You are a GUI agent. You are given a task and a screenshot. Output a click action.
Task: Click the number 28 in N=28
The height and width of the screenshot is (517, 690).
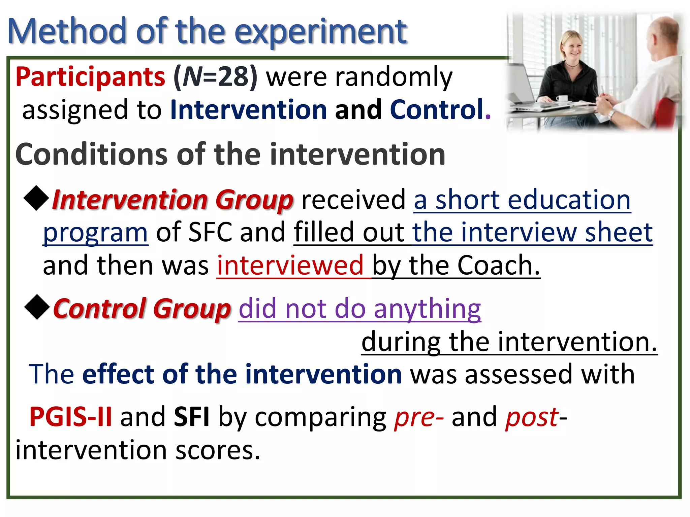[233, 77]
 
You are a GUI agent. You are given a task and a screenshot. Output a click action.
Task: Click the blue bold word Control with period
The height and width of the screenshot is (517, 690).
[440, 110]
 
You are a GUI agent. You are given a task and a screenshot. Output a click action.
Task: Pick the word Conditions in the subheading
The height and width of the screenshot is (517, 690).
[91, 154]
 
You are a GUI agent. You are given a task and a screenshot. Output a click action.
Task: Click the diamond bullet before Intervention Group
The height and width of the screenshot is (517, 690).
[36, 199]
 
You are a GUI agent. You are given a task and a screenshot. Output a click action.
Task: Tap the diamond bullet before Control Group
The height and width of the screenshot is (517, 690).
[37, 307]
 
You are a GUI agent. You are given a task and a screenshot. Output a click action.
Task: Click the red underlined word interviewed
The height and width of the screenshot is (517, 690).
[290, 266]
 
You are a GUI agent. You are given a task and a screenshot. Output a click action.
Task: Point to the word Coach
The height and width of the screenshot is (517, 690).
[494, 266]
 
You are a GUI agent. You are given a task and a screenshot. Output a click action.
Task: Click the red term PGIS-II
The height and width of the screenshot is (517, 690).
[71, 417]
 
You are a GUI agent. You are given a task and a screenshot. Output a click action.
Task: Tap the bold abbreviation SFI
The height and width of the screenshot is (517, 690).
[192, 417]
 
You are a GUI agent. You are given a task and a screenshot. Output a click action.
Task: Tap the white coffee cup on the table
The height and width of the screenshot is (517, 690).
[562, 98]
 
